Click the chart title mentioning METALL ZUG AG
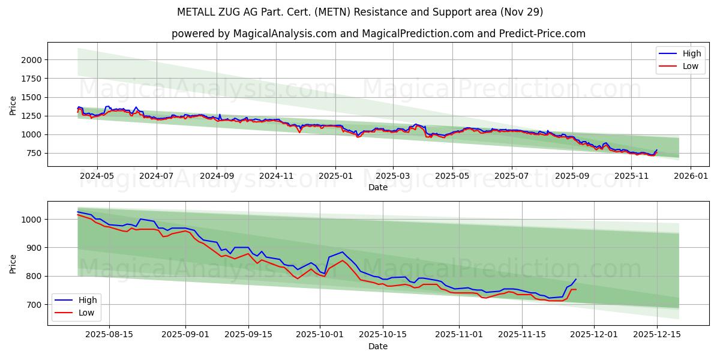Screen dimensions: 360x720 360,12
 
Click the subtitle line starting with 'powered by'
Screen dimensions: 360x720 378,34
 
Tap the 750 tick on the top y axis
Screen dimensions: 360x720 33,153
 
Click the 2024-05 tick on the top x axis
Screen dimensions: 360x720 97,176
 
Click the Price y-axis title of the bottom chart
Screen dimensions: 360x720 13,263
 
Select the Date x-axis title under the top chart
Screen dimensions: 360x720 378,187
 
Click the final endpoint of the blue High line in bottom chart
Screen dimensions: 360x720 576,279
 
